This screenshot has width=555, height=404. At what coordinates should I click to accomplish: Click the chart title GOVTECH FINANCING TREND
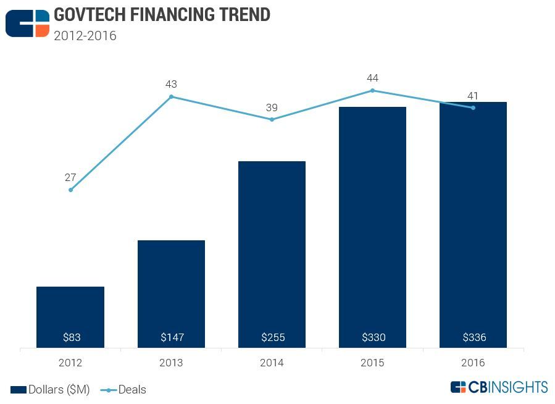(162, 15)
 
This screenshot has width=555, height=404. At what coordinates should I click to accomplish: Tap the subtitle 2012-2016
(85, 36)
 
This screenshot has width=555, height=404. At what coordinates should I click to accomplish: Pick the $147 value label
(171, 337)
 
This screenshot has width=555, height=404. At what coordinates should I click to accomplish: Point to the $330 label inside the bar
(373, 337)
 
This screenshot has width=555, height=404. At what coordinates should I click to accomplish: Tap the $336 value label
(474, 337)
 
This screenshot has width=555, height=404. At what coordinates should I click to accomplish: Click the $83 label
(71, 337)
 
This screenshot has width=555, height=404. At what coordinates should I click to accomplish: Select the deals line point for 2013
(171, 96)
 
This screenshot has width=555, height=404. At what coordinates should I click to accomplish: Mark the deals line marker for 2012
(70, 190)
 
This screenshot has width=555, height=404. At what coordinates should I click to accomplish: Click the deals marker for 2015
(373, 90)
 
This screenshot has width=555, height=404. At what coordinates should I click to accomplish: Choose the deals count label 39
(272, 107)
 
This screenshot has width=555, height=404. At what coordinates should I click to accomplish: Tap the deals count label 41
(474, 96)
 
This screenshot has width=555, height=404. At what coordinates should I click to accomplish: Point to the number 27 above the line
(70, 178)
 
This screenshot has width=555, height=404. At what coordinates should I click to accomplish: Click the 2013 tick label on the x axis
(171, 363)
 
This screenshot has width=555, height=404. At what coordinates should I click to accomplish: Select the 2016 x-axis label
(474, 363)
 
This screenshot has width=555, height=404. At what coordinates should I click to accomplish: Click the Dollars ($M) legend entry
(50, 390)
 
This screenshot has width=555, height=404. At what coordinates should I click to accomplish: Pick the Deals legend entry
(123, 390)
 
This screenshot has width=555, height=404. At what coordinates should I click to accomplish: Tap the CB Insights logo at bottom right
(499, 387)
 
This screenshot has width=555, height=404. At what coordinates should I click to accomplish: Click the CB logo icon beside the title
(27, 23)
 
